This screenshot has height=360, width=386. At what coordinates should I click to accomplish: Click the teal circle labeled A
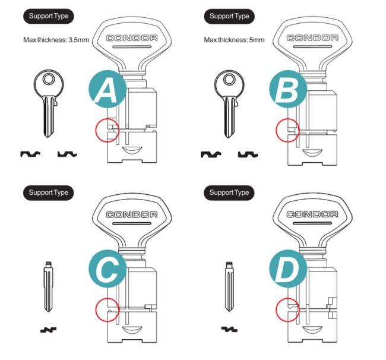(x=107, y=89)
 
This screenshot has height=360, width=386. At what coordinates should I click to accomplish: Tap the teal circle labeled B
(x=288, y=89)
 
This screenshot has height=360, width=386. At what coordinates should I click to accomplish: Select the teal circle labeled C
(x=107, y=269)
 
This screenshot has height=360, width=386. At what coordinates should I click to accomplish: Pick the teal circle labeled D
(x=288, y=269)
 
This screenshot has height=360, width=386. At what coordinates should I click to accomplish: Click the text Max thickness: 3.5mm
(x=56, y=40)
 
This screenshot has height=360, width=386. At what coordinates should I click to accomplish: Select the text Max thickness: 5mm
(x=234, y=40)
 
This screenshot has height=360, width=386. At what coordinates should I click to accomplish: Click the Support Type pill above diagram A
(x=49, y=16)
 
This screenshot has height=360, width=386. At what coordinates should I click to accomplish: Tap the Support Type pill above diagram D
(x=229, y=193)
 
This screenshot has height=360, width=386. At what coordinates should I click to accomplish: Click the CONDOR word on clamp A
(x=132, y=38)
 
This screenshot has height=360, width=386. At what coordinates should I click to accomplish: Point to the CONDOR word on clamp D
(x=312, y=214)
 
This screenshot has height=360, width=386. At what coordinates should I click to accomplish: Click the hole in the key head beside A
(x=49, y=79)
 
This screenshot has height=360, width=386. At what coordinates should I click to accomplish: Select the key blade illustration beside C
(x=49, y=286)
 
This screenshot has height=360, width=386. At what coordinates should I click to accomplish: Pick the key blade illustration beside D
(x=229, y=286)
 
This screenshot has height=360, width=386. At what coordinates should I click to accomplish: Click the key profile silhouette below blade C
(x=48, y=330)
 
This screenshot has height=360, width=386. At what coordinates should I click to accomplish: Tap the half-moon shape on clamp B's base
(x=312, y=152)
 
